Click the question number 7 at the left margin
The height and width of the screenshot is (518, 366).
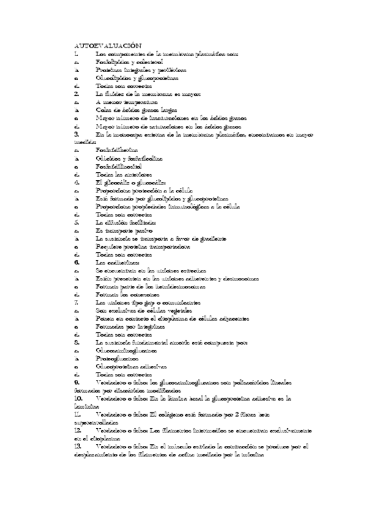click(x=76, y=302)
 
